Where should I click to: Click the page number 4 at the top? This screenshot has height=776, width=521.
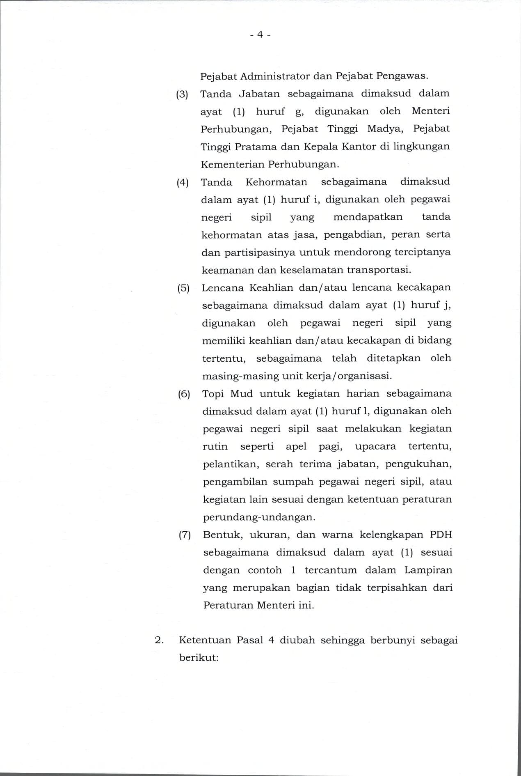[260, 35]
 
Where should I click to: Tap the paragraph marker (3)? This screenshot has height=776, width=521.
[182, 94]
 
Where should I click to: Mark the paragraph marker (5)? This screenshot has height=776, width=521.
[183, 288]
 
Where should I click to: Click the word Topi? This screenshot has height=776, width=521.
[213, 394]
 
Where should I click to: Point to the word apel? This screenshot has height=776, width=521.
[296, 447]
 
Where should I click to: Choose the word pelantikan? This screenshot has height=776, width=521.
[231, 464]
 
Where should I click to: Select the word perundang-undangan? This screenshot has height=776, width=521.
[259, 517]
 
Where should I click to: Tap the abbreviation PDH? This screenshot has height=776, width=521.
[441, 535]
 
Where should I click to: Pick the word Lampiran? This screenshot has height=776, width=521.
[428, 570]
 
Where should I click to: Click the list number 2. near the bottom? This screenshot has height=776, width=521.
[159, 641]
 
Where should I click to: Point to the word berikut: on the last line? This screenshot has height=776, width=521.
[198, 658]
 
